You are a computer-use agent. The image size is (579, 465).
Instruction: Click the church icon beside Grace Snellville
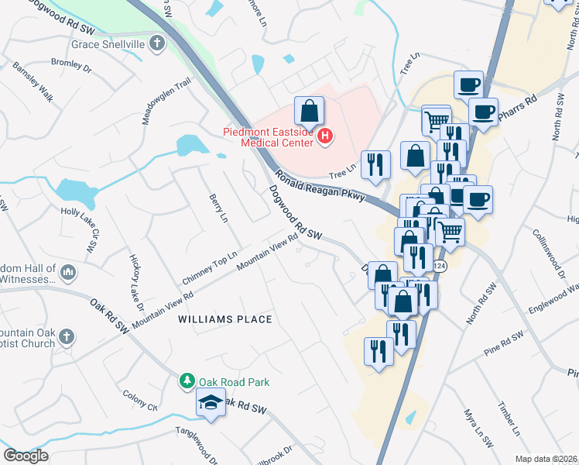[x=157, y=43]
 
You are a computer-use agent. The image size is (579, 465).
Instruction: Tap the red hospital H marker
[x=325, y=137]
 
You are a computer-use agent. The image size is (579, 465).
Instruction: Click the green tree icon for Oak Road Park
[x=187, y=381]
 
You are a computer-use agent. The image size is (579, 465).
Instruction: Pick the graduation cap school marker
[x=210, y=403]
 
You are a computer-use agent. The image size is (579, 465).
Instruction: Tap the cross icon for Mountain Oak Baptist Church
[x=67, y=337]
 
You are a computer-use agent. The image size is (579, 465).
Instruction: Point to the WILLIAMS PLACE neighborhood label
[x=224, y=319]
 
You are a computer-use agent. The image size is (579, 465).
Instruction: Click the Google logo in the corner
[x=26, y=456]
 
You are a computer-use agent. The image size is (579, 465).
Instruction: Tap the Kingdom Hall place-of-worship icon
[x=68, y=272]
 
